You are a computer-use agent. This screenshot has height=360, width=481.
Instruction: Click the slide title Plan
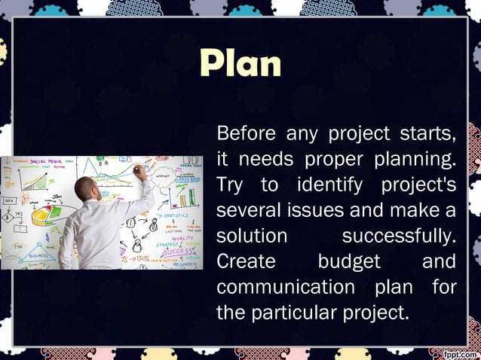coord(240,64)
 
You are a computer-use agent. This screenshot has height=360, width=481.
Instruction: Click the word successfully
coord(399,236)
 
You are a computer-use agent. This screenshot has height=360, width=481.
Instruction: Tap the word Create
coord(244,261)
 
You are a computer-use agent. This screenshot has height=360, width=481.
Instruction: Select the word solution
coord(252,236)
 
